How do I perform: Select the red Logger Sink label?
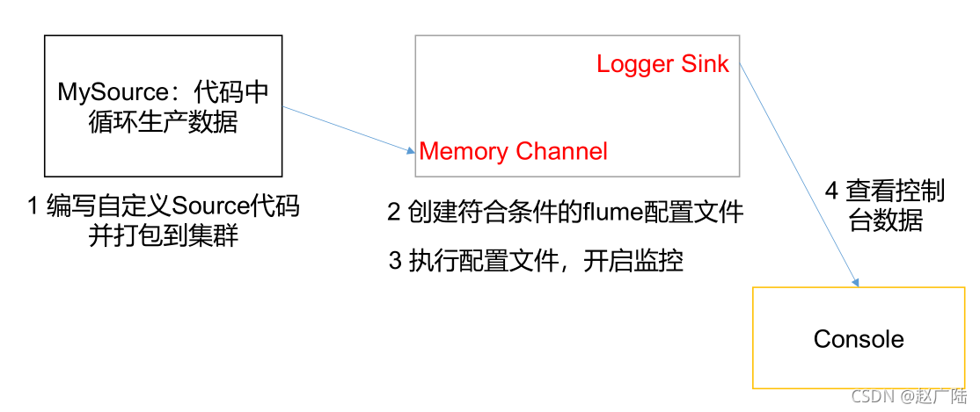662,64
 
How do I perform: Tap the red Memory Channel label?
513,151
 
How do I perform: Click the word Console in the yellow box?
859,339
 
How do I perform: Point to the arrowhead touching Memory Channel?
411,151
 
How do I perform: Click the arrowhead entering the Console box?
854,282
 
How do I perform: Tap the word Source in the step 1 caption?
211,206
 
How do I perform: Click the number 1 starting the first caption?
33,206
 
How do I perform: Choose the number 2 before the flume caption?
394,212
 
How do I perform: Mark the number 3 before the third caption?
395,261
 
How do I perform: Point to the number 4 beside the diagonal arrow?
831,191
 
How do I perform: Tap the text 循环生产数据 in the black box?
164,121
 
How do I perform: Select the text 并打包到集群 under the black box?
164,235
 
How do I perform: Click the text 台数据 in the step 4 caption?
886,220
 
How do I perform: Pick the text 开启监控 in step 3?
633,261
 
